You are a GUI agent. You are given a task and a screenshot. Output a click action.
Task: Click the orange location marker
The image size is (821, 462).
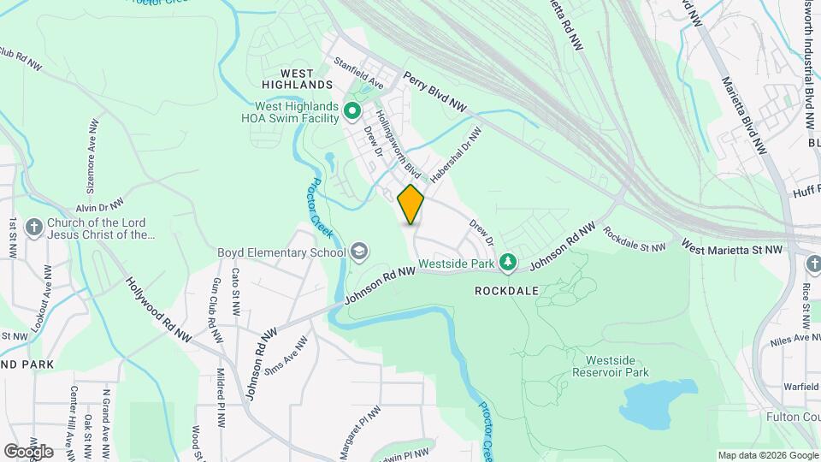[x=410, y=204]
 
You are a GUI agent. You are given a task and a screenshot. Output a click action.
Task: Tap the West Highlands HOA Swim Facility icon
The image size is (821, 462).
[x=351, y=111]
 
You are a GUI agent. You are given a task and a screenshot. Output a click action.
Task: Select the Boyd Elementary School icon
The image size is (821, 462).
[x=360, y=252]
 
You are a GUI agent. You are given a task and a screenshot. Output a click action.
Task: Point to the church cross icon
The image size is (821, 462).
[x=33, y=228]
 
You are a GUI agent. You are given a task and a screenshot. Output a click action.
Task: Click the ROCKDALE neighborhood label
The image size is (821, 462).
[x=506, y=291]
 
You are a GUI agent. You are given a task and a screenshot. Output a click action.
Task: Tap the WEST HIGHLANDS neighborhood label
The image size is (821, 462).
[x=294, y=78]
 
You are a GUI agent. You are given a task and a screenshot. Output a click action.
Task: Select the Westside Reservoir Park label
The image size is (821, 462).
[x=610, y=366]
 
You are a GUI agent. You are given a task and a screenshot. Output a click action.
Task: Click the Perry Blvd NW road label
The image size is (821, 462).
[x=436, y=91]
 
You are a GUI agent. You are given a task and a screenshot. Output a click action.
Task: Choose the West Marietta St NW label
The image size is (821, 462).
[x=731, y=248]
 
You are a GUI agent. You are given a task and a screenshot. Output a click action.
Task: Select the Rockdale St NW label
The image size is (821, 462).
[x=634, y=239]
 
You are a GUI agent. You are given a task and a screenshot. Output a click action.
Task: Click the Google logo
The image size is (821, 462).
[x=28, y=451]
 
